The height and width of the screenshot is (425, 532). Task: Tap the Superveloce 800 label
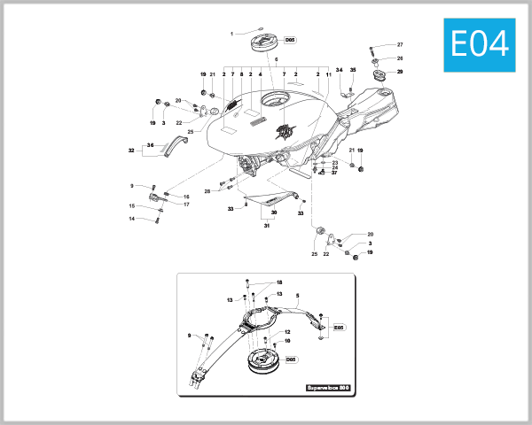(329, 388)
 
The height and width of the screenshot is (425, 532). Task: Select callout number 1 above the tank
(231, 34)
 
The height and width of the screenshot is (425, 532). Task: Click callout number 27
(400, 44)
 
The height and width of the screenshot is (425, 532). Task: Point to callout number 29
(400, 71)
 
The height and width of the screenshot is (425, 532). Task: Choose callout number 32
(130, 151)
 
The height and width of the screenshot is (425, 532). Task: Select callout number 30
(274, 213)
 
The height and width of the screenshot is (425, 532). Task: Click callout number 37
(334, 173)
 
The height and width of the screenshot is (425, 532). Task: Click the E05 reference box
(338, 328)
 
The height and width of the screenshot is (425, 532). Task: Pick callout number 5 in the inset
(298, 295)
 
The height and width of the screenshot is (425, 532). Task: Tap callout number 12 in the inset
(287, 332)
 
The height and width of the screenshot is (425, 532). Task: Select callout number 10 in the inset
(287, 341)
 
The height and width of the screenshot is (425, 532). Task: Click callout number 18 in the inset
(278, 282)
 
